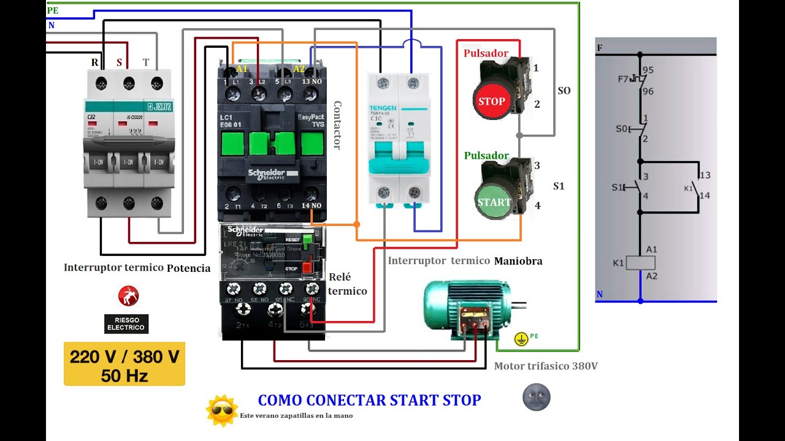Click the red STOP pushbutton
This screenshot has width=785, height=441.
(x=491, y=101)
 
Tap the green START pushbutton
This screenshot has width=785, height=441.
(x=494, y=202)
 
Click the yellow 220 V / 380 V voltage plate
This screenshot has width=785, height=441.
(x=124, y=364)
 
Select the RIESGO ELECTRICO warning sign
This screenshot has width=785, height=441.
(x=126, y=323)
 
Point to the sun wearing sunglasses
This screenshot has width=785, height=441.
(x=221, y=410)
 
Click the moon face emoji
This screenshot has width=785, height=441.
(x=536, y=398)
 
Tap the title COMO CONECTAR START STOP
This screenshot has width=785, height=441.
(x=369, y=401)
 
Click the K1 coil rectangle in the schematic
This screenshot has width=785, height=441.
(x=640, y=263)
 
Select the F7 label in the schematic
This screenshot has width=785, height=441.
(x=623, y=80)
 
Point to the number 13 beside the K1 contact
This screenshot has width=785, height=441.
(x=705, y=176)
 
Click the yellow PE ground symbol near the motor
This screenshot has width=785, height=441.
(x=521, y=339)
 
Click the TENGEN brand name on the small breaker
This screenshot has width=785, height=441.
(x=383, y=108)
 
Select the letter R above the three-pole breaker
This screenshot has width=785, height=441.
(x=95, y=62)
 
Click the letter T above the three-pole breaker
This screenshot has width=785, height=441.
(x=145, y=62)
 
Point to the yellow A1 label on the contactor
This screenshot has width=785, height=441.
(x=242, y=69)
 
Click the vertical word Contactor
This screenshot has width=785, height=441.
(x=337, y=126)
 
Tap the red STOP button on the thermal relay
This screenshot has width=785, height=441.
(x=307, y=268)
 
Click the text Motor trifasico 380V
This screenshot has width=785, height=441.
(x=546, y=366)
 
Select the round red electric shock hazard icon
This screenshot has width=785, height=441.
(x=128, y=296)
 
